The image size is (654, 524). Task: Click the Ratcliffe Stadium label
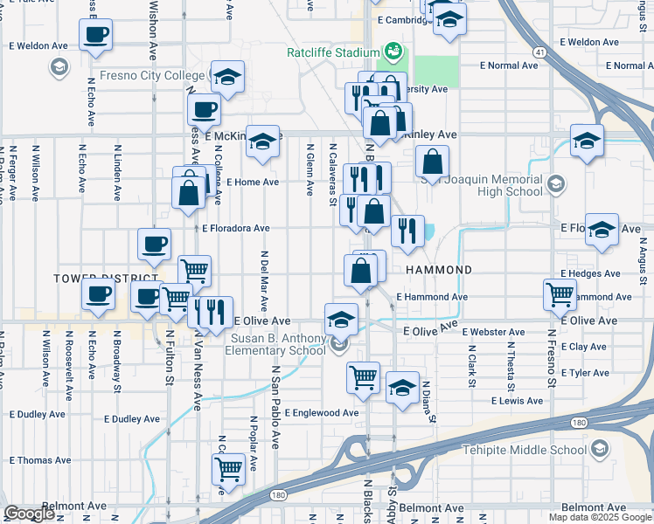click(x=333, y=52)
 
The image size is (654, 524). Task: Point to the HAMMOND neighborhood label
click(x=439, y=271)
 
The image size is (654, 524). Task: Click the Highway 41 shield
click(x=539, y=53)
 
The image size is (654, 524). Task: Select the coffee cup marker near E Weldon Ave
click(x=95, y=35)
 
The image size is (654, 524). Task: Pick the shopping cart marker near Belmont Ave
click(x=228, y=469)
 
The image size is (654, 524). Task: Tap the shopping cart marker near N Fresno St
click(x=560, y=294)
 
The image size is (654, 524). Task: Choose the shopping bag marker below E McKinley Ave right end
click(x=432, y=162)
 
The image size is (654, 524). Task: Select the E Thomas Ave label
click(x=39, y=460)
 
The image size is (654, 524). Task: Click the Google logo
click(x=29, y=514)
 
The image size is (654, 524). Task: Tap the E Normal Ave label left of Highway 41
click(x=510, y=65)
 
